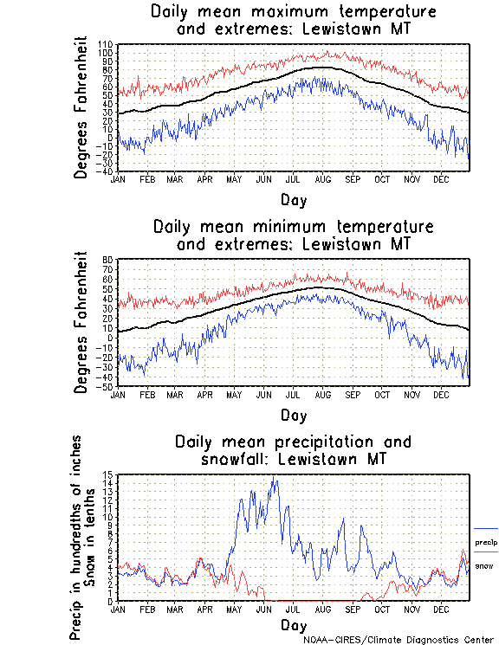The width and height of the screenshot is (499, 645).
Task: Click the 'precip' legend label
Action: pyautogui.click(x=485, y=543)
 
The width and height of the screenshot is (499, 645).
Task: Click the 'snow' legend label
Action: pyautogui.click(x=484, y=565)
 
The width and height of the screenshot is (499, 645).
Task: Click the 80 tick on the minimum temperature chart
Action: pyautogui.click(x=109, y=260)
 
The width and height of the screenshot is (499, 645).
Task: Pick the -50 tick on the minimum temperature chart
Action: pyautogui.click(x=107, y=386)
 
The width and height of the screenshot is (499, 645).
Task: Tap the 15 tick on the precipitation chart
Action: pyautogui.click(x=109, y=475)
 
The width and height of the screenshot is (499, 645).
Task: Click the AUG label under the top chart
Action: pyautogui.click(x=322, y=179)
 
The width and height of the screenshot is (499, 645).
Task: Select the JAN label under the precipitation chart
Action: pyautogui.click(x=118, y=609)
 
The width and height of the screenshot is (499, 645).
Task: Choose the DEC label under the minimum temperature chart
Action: pyautogui.click(x=440, y=394)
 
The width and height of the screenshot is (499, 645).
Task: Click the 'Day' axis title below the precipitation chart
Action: pyautogui.click(x=294, y=624)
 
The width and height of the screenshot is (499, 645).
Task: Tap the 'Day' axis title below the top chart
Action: pyautogui.click(x=294, y=200)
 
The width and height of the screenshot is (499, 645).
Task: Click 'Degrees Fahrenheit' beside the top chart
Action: pyautogui.click(x=81, y=107)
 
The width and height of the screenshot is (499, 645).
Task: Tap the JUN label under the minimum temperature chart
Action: pyautogui.click(x=263, y=394)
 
